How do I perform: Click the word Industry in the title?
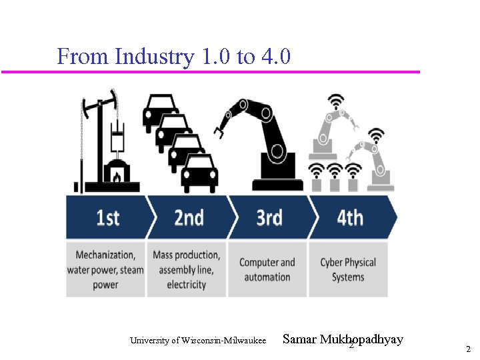coord(155,57)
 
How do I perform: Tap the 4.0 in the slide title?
coord(276,57)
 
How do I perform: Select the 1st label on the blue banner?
coord(108,218)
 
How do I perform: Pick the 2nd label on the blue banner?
coord(189,218)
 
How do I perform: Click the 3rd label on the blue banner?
coord(269,218)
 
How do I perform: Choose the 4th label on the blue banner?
coord(350,218)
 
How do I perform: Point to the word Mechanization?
coord(105,255)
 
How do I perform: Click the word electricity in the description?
coord(187,285)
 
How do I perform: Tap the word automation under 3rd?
coord(267,277)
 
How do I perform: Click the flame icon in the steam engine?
coord(117,177)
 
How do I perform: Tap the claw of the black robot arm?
coord(219,129)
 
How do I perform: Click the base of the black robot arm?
coord(277,181)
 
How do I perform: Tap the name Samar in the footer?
coord(299,339)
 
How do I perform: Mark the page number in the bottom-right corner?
coord(468,349)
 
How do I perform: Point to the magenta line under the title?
coord(211,71)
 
